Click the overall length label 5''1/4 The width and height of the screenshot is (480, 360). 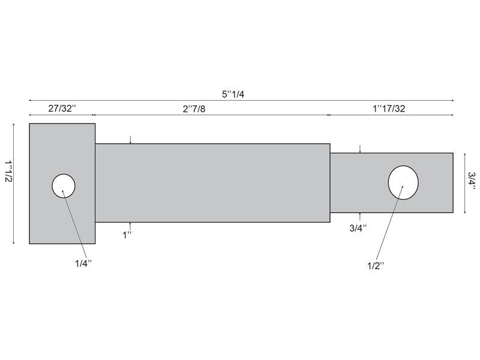pos(233,94)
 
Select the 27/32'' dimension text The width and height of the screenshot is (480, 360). pos(62,109)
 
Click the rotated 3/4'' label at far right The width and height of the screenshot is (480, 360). pos(472,182)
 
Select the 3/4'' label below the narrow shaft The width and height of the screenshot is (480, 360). pos(359,228)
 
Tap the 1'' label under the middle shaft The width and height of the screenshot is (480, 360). pos(128,235)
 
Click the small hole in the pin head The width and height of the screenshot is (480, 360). pos(64,185)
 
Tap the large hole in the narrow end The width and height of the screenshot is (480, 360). pos(403,181)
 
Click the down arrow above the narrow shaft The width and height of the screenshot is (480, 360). pos(359,149)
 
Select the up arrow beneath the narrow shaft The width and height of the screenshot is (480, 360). pos(359,215)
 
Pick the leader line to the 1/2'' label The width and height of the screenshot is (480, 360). pos(389,228)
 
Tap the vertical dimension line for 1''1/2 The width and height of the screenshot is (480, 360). pos(13,184)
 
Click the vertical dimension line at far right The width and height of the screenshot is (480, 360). pos(464,182)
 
